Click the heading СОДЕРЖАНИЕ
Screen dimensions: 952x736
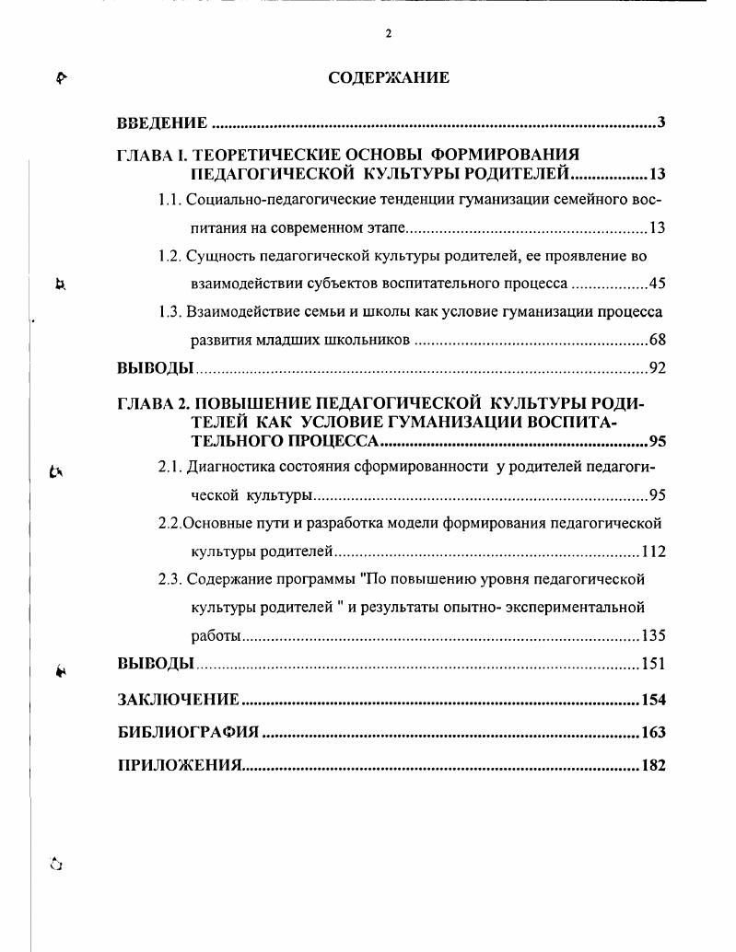click(389, 77)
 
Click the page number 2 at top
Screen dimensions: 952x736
click(389, 33)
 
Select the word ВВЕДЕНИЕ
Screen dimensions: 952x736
click(162, 123)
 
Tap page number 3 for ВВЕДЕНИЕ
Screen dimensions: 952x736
click(661, 123)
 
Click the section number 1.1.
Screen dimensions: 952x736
click(169, 199)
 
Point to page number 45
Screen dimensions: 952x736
click(657, 283)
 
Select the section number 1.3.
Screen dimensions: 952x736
click(169, 311)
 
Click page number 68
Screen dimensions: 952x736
click(657, 340)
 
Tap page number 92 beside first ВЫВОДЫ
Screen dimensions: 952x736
click(657, 368)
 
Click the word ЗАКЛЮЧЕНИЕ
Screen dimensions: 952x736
click(179, 700)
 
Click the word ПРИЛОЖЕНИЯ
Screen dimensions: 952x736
click(179, 766)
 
